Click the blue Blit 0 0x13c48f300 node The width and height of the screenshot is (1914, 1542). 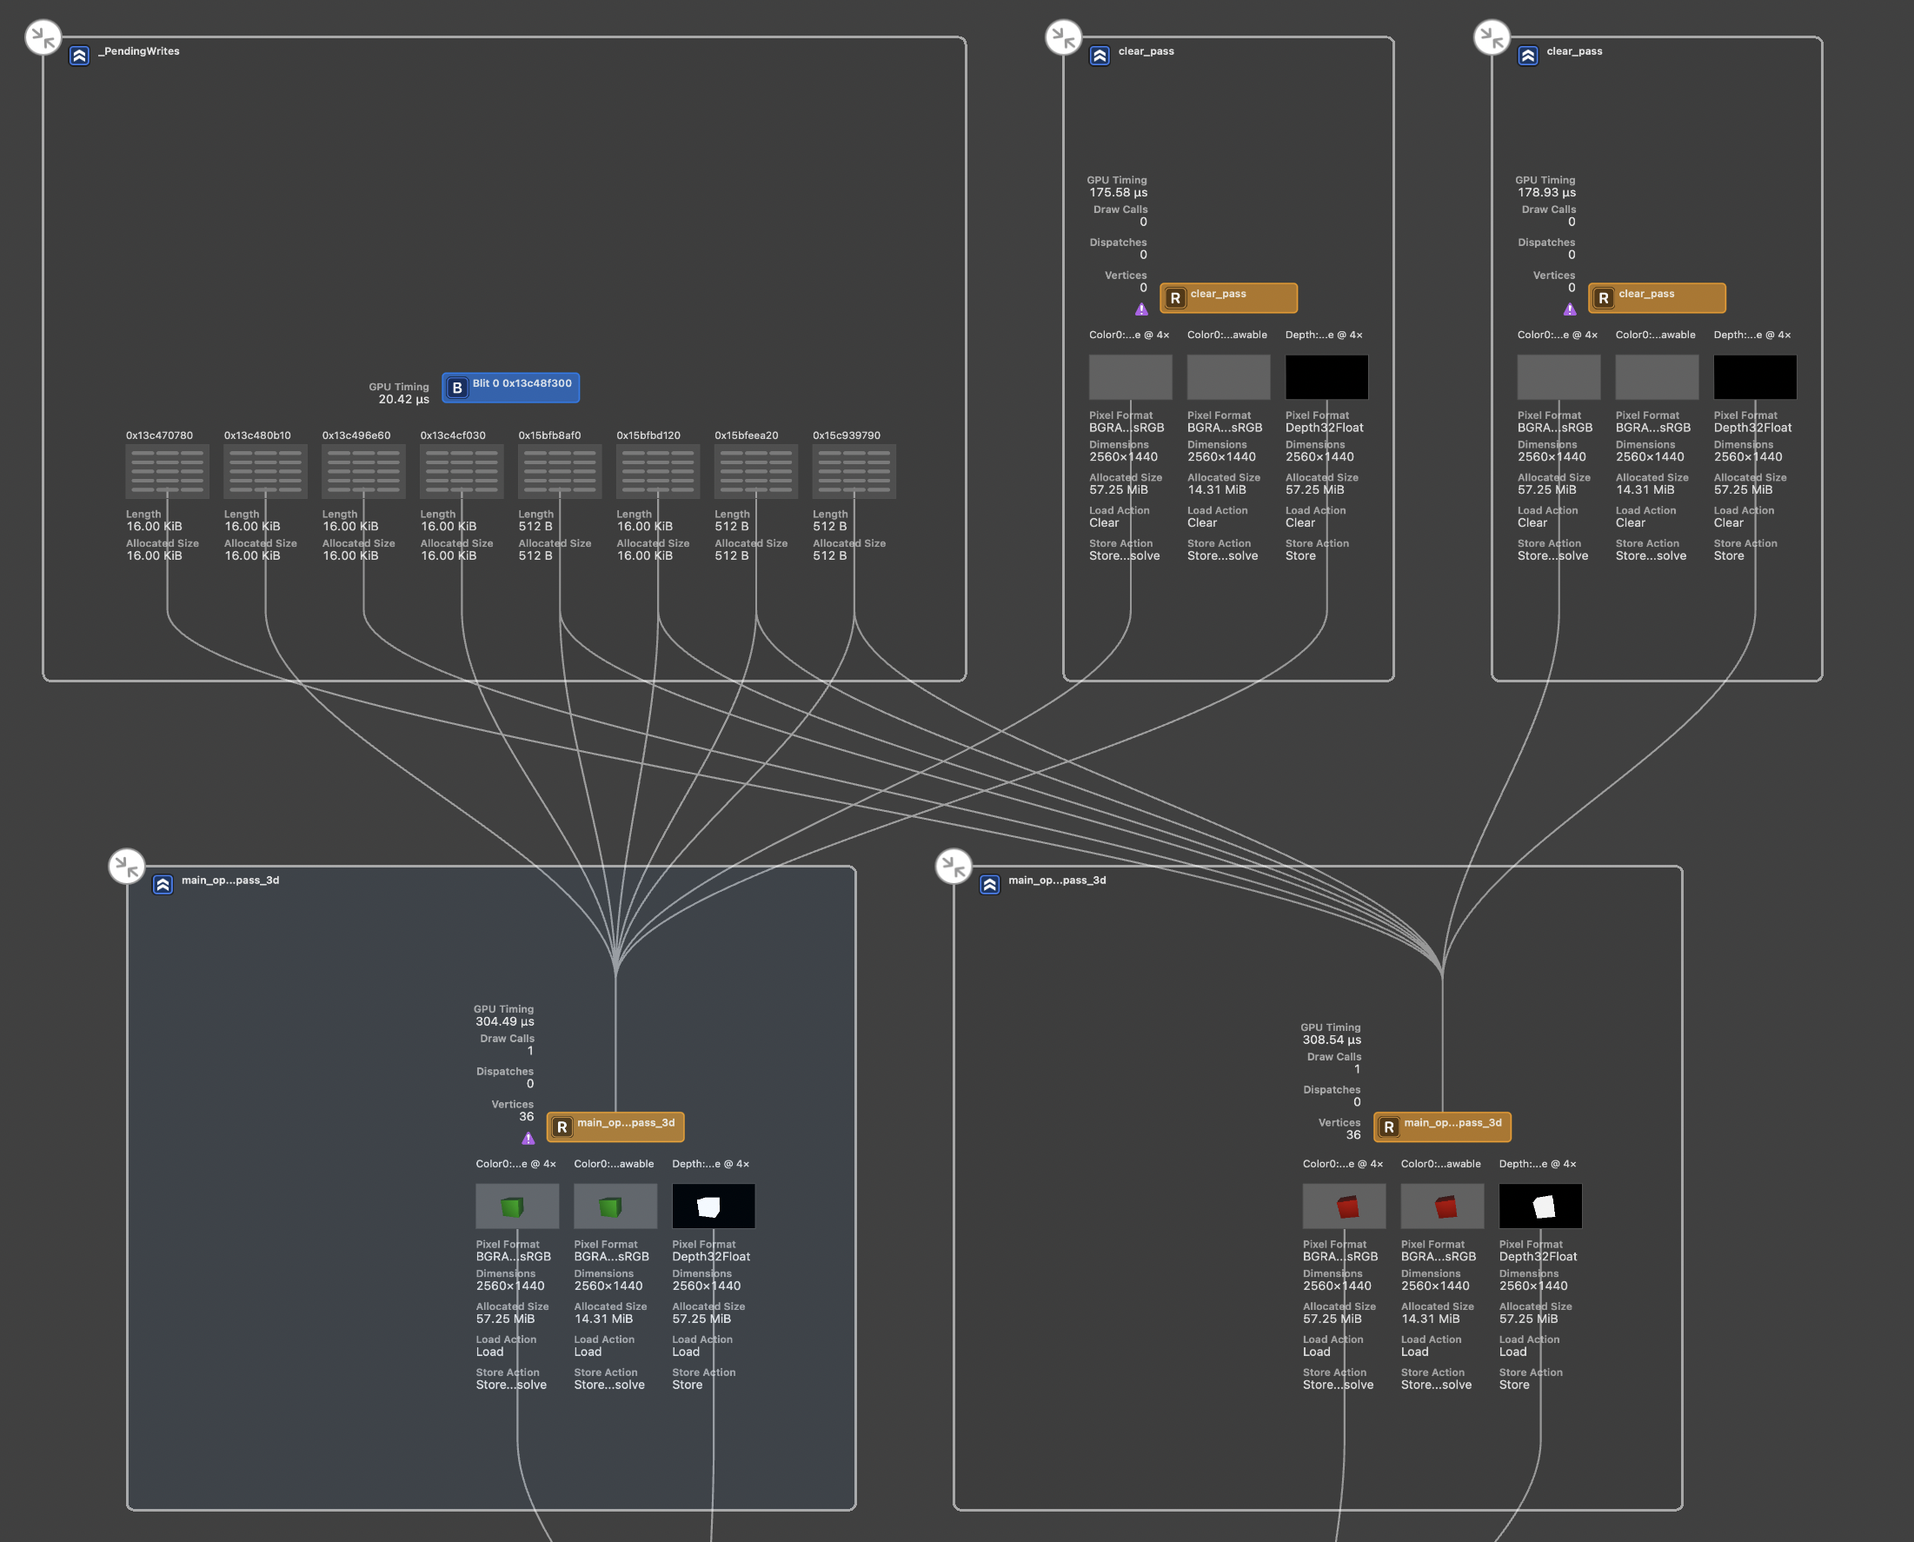coord(511,388)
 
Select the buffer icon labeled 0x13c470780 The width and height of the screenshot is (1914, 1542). coord(167,472)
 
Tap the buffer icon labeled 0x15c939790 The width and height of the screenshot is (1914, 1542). coord(854,472)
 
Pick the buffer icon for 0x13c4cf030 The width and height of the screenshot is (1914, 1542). coord(461,472)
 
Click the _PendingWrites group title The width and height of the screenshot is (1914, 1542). coord(138,51)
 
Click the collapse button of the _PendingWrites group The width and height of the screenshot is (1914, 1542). coord(43,37)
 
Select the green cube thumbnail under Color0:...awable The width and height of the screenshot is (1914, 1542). coord(615,1206)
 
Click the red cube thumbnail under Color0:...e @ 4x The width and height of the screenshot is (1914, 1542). coord(1344,1206)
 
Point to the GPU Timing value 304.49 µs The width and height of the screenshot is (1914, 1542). coord(504,1021)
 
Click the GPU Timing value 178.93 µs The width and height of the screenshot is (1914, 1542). coord(1545,193)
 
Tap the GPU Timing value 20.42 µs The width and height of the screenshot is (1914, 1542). coord(403,400)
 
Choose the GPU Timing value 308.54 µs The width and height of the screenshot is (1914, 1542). coord(1332,1040)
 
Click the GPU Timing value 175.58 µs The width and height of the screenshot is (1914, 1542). coord(1117,193)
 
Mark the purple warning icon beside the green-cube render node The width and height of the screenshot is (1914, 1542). coord(528,1139)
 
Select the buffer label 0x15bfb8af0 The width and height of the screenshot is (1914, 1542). coord(550,435)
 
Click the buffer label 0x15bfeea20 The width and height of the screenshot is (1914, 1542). coord(746,435)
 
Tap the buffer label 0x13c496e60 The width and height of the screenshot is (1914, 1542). coord(356,435)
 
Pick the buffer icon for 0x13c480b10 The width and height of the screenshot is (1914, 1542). coord(264,472)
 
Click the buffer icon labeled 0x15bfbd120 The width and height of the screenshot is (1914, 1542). coord(657,472)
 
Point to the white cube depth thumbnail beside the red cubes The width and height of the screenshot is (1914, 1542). coord(1540,1206)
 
